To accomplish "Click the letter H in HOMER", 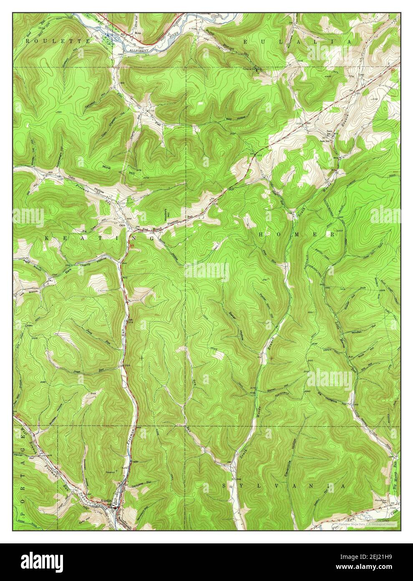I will [x=261, y=235].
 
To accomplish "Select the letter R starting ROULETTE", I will [x=28, y=41].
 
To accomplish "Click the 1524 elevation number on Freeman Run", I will [x=129, y=366].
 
